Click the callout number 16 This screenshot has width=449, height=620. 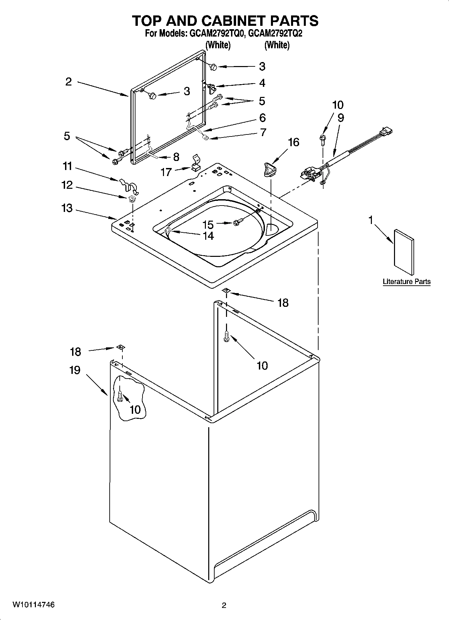[293, 143]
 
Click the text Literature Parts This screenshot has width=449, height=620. [406, 282]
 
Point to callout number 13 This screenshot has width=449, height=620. [67, 208]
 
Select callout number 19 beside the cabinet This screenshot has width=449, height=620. [75, 370]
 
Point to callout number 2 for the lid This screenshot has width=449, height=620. [68, 82]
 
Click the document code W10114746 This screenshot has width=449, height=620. [34, 605]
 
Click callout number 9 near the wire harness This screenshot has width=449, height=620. [341, 118]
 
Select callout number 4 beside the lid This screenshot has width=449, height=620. [262, 83]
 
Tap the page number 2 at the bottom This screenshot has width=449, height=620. [224, 605]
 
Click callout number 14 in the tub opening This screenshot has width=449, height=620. [208, 236]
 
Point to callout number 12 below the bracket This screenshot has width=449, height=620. [67, 185]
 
